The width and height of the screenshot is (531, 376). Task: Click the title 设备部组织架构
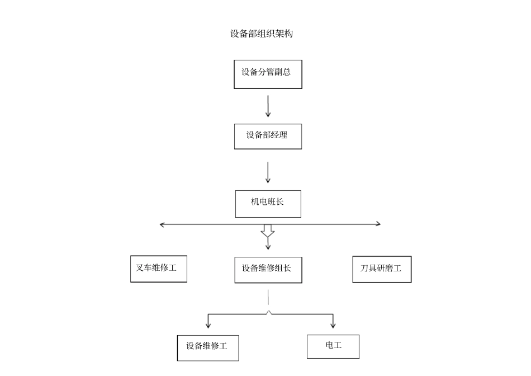[261, 34]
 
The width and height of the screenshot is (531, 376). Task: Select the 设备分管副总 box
[268, 74]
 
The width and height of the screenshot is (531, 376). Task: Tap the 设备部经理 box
[268, 136]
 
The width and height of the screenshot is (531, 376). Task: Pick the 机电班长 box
[268, 204]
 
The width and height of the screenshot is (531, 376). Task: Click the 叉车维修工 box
[158, 269]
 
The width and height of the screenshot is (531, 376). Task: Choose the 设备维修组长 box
[268, 270]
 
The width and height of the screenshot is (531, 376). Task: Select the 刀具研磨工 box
[382, 269]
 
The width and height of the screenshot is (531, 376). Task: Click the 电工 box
[333, 346]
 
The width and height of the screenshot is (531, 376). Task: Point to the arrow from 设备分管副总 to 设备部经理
[268, 106]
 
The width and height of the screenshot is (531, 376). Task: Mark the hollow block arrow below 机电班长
[268, 231]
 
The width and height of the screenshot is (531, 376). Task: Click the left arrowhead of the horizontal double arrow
[162, 224]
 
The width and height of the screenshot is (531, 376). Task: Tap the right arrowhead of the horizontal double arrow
[378, 224]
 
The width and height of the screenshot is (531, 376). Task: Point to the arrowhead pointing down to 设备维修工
[208, 325]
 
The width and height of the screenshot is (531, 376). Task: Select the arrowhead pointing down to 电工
[334, 325]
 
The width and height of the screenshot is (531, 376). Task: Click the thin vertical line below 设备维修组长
[268, 297]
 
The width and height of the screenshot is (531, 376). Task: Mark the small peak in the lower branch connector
[269, 312]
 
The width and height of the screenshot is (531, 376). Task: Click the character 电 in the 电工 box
[330, 345]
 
